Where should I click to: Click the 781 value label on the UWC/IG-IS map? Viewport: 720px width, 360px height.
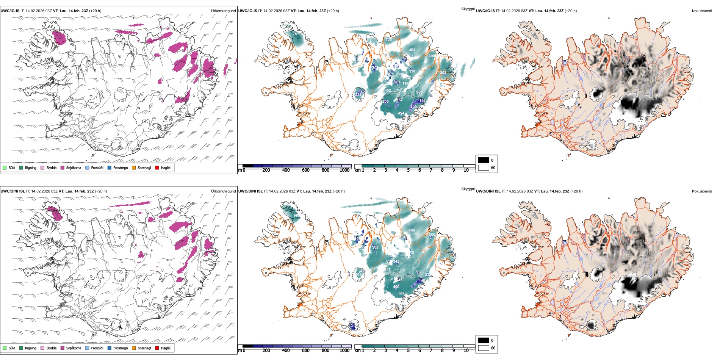pyautogui.click(x=296, y=34)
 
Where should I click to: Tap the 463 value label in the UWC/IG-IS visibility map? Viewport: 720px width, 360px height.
pyautogui.click(x=412, y=50)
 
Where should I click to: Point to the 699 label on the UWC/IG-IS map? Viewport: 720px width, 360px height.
pyautogui.click(x=432, y=56)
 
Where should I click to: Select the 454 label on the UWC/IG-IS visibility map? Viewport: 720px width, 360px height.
pyautogui.click(x=401, y=114)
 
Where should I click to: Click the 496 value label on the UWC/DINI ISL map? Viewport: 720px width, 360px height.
pyautogui.click(x=412, y=230)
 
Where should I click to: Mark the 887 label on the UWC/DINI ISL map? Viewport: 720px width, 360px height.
pyautogui.click(x=401, y=293)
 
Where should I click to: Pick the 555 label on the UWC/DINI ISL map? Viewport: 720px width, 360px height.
pyautogui.click(x=432, y=235)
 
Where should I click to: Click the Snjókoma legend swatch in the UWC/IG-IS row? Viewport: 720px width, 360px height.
pyautogui.click(x=63, y=168)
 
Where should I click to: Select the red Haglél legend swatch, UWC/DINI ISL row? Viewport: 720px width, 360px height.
pyautogui.click(x=157, y=348)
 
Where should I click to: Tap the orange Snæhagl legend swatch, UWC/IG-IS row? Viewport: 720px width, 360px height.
pyautogui.click(x=134, y=168)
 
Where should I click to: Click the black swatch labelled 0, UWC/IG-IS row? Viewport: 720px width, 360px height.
pyautogui.click(x=484, y=160)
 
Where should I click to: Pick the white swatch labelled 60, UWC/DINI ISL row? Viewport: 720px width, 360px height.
pyautogui.click(x=484, y=348)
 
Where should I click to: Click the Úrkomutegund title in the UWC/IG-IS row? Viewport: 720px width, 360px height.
pyautogui.click(x=223, y=11)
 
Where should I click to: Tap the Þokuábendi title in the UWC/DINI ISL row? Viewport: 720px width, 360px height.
pyautogui.click(x=702, y=191)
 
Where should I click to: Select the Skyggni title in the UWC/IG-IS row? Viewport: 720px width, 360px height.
pyautogui.click(x=468, y=9)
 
